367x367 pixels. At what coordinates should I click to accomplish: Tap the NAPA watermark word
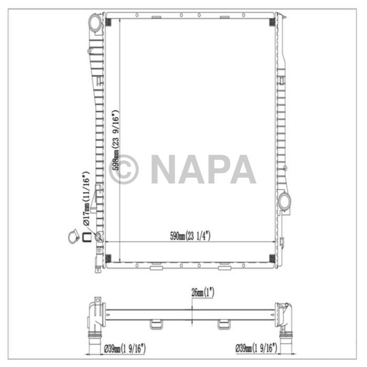203,169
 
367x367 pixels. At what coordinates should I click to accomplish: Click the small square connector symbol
86,238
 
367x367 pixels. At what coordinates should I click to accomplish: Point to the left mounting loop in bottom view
156,324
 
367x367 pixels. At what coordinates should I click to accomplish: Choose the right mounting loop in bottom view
225,324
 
